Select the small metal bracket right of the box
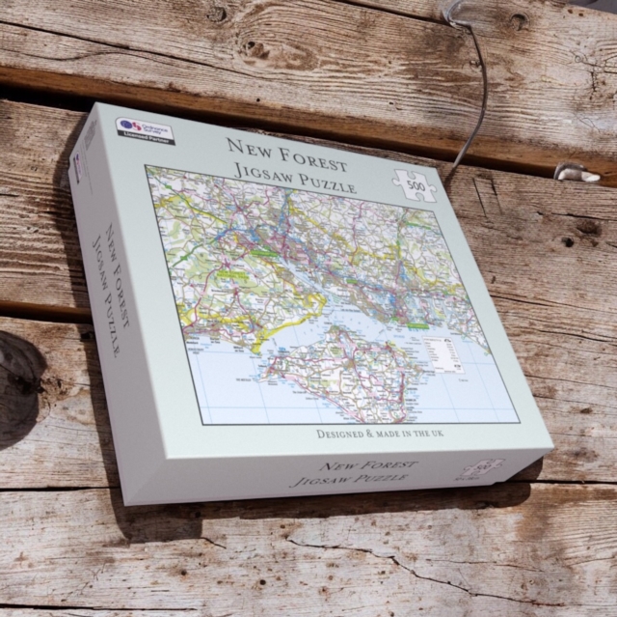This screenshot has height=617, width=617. coord(577,173)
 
